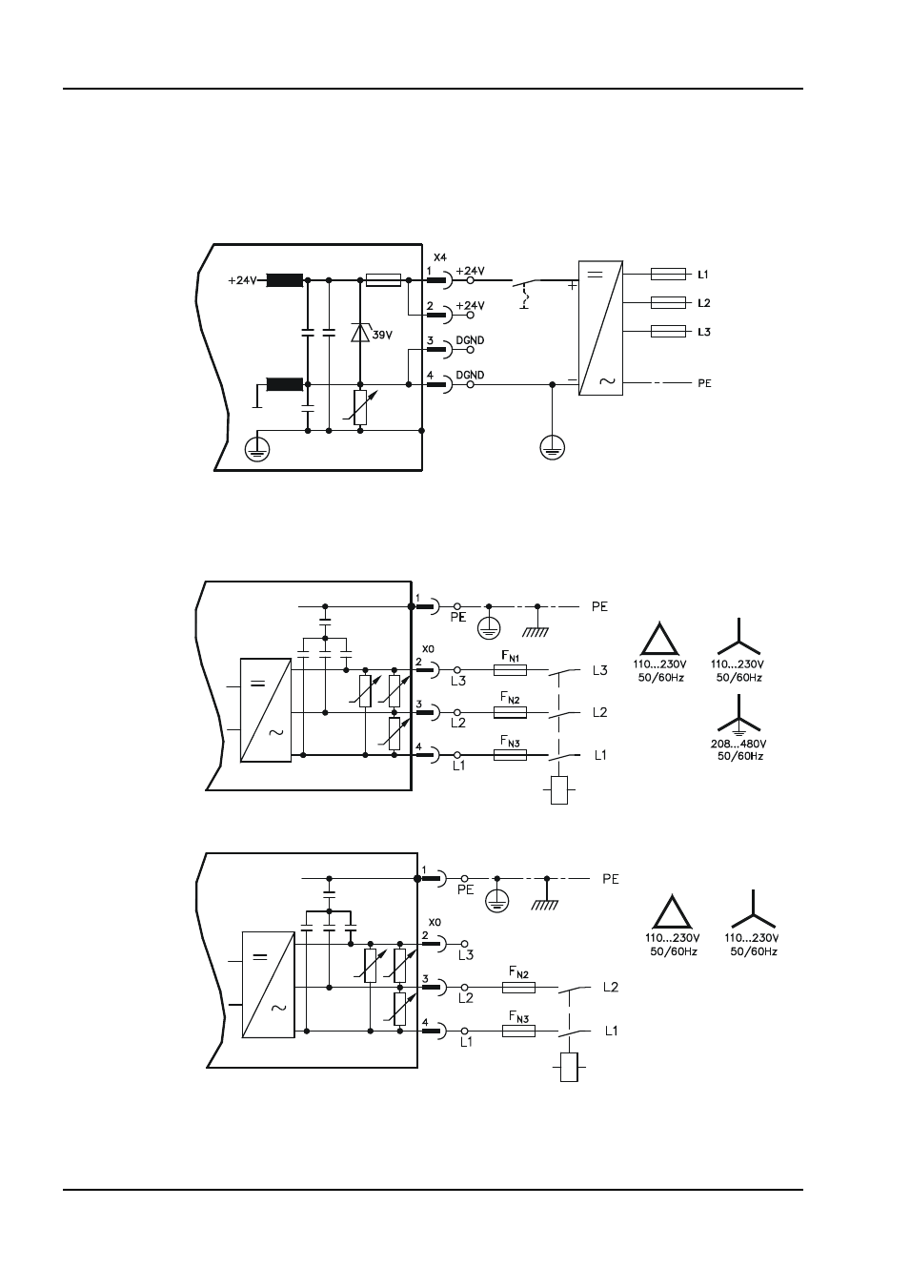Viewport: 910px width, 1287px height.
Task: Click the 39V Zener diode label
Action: pyautogui.click(x=382, y=335)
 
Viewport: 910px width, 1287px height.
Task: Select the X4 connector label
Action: pyautogui.click(x=440, y=257)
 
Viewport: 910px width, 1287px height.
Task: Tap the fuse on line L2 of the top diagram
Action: pyautogui.click(x=668, y=303)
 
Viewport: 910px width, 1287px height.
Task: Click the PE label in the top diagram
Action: pyautogui.click(x=704, y=383)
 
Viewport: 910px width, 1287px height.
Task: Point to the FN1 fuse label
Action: pyautogui.click(x=511, y=656)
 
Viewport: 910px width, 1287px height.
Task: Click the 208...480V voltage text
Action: pyautogui.click(x=738, y=744)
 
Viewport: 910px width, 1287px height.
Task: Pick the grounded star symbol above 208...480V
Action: pyautogui.click(x=738, y=715)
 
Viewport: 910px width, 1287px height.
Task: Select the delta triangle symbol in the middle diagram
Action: pyautogui.click(x=659, y=639)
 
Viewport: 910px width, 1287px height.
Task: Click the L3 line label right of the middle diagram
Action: pyautogui.click(x=600, y=670)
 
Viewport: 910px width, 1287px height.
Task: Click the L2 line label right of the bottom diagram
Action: pyautogui.click(x=611, y=987)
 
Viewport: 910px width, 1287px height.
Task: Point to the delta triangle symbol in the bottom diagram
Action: pyautogui.click(x=673, y=911)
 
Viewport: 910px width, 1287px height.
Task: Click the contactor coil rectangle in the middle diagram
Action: pyautogui.click(x=559, y=790)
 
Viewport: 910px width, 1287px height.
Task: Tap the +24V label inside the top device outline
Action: pyautogui.click(x=242, y=280)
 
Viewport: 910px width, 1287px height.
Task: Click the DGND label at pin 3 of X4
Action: pyautogui.click(x=470, y=340)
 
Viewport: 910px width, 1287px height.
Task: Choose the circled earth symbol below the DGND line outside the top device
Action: pyautogui.click(x=553, y=447)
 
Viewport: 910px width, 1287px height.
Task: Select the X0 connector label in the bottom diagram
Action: pyautogui.click(x=435, y=922)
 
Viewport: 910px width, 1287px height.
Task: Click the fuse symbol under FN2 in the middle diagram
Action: pyautogui.click(x=511, y=712)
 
